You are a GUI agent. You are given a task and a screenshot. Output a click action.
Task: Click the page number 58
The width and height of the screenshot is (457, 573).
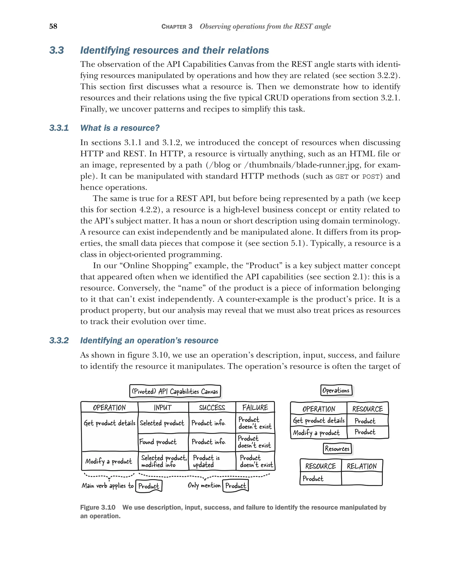click(x=53, y=26)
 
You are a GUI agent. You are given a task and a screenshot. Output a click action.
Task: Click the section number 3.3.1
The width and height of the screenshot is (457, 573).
click(x=59, y=128)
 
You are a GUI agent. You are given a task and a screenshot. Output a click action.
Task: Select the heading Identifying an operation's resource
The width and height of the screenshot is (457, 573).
click(x=149, y=340)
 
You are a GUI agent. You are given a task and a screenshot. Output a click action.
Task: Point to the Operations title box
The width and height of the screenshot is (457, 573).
click(x=336, y=390)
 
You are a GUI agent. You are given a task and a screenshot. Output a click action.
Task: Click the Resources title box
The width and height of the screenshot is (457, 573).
click(x=337, y=449)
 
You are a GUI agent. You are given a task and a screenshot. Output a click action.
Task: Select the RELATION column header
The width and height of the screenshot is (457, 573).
click(x=361, y=466)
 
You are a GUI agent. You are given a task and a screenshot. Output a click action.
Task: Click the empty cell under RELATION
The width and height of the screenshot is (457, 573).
click(x=361, y=479)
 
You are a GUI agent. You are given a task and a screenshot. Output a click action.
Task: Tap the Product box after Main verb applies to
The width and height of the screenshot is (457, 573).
click(x=149, y=486)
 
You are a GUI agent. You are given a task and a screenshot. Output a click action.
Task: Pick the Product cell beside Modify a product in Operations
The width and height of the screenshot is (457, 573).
click(x=365, y=432)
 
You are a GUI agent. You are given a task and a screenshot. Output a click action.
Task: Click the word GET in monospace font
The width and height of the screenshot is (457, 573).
click(x=342, y=177)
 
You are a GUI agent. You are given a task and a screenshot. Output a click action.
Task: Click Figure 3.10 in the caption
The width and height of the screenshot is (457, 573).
click(x=98, y=507)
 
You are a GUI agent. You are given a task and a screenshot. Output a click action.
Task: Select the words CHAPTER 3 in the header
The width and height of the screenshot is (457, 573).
click(x=177, y=27)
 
